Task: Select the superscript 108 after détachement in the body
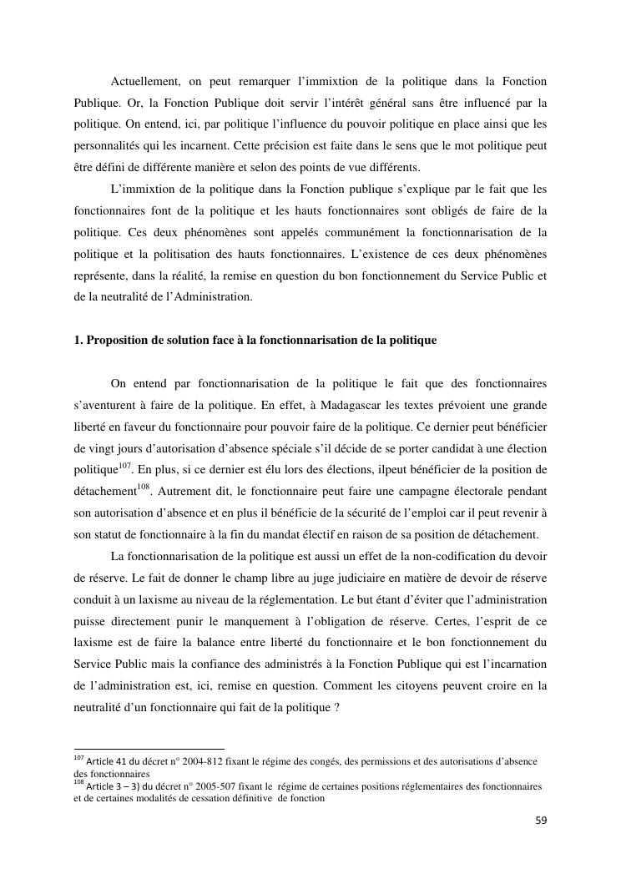click(144, 486)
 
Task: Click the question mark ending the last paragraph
click(336, 708)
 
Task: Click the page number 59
click(541, 821)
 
